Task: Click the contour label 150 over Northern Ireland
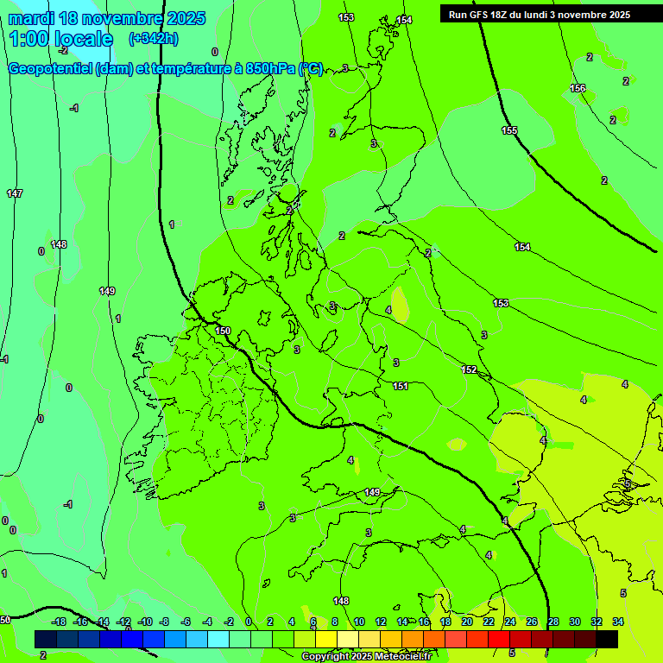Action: (223, 331)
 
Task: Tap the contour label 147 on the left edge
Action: (15, 193)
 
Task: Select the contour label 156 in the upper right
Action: (578, 89)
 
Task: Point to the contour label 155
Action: (509, 130)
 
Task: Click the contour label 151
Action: (401, 386)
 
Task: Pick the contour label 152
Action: (469, 369)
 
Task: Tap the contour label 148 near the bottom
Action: (341, 601)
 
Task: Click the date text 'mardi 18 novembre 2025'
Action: (107, 18)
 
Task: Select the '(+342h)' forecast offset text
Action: (153, 39)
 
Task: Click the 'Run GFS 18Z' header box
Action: (539, 15)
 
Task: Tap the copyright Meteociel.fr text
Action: (366, 656)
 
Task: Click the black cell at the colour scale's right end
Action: (607, 640)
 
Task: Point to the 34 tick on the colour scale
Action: (618, 622)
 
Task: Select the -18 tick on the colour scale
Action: (59, 622)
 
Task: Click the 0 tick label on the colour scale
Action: (249, 622)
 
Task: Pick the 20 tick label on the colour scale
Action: (467, 622)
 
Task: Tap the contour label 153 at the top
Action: (346, 17)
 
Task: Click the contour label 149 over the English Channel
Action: (371, 492)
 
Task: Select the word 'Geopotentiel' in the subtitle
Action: (50, 69)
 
